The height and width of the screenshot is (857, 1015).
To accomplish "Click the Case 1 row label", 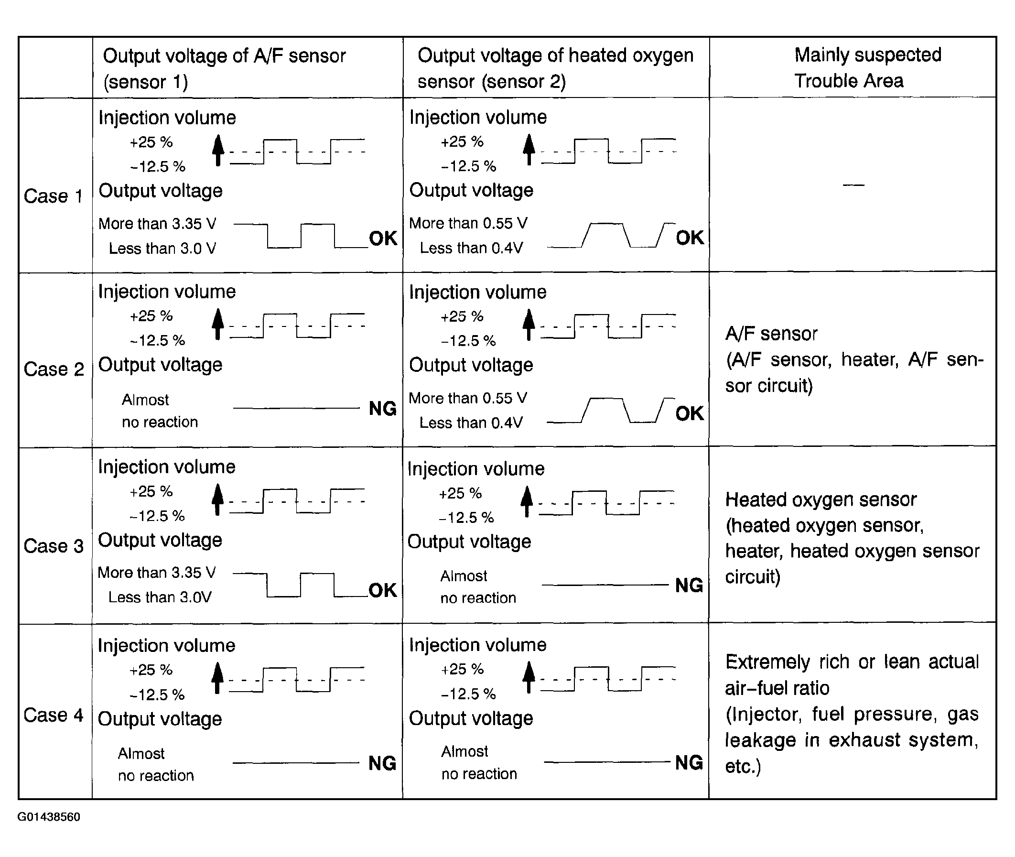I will click(53, 196).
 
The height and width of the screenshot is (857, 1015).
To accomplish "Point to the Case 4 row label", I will click(53, 715).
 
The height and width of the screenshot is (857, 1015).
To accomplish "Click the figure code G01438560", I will click(49, 817).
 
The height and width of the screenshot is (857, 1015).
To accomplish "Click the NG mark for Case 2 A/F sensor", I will click(383, 409).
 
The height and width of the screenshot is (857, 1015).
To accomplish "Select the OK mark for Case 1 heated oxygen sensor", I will click(690, 238).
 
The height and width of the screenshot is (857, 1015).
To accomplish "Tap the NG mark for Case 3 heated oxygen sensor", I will click(689, 586).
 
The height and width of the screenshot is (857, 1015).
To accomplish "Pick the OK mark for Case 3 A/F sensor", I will click(383, 590).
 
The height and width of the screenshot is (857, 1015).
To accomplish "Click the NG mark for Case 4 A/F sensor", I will click(382, 763).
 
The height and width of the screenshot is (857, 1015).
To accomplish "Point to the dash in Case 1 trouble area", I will click(853, 185).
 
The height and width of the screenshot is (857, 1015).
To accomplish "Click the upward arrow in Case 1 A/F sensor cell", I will click(218, 150).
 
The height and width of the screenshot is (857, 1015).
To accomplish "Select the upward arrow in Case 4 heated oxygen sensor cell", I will click(529, 677).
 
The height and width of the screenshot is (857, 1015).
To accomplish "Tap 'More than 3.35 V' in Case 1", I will click(157, 224).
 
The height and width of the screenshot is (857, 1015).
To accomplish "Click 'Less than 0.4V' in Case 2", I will click(471, 423).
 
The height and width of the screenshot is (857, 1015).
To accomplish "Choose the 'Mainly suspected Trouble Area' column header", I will click(867, 67).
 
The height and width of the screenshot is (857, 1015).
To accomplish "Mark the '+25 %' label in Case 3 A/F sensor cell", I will click(151, 492).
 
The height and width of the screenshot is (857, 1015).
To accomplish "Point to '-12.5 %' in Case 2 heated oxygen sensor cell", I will click(469, 341).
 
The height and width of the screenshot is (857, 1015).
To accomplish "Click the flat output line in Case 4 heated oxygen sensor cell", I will click(607, 762).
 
